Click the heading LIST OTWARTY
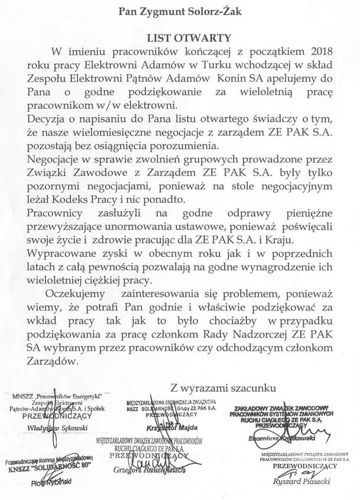tap(180, 37)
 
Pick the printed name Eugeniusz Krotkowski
tap(299, 439)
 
